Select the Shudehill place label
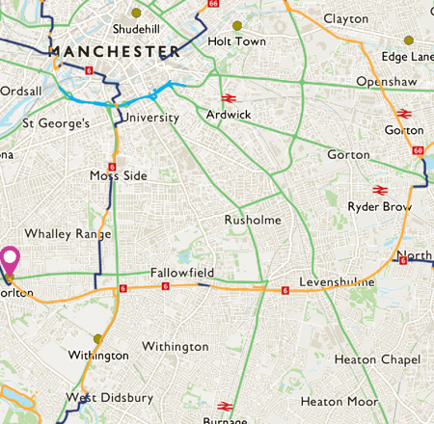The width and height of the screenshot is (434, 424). pos(135,30)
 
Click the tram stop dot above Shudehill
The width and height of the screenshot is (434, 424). pos(136,13)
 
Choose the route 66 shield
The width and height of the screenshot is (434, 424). pos(213,4)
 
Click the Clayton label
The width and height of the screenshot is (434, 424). pos(346,18)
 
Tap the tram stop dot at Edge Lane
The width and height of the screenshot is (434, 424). pos(409,40)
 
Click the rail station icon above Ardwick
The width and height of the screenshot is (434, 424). pos(229,97)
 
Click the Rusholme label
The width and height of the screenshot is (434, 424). pos(253,220)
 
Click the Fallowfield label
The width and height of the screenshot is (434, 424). pos(180,274)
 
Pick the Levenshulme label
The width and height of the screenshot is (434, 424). pos(336,280)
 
